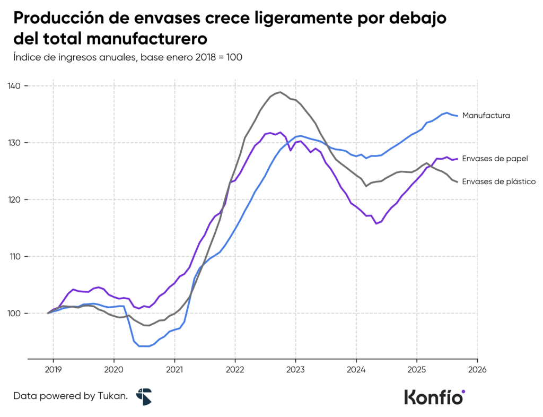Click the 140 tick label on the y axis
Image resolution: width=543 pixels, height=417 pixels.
pos(14,86)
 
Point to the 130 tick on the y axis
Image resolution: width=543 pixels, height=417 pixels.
pos(14,143)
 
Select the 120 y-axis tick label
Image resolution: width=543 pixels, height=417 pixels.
pos(14,199)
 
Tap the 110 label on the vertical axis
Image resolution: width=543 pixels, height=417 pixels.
pos(14,256)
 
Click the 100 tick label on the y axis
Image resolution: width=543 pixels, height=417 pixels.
pos(14,314)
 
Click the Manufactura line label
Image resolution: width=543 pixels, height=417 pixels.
pos(486,115)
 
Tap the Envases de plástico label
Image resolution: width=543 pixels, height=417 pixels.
pos(498,181)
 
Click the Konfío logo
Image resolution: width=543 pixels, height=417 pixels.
pos(434,396)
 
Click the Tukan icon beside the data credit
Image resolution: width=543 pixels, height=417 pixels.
pos(144,396)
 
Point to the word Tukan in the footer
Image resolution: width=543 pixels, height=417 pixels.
pos(112,396)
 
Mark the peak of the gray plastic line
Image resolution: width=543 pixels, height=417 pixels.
pos(280,92)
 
